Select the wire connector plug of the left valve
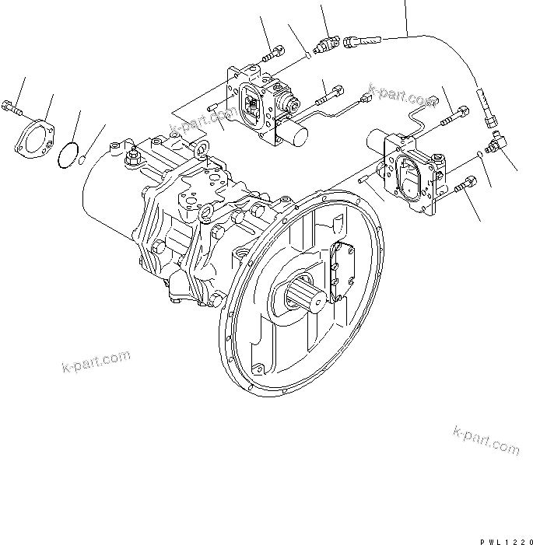(x=366, y=98)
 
